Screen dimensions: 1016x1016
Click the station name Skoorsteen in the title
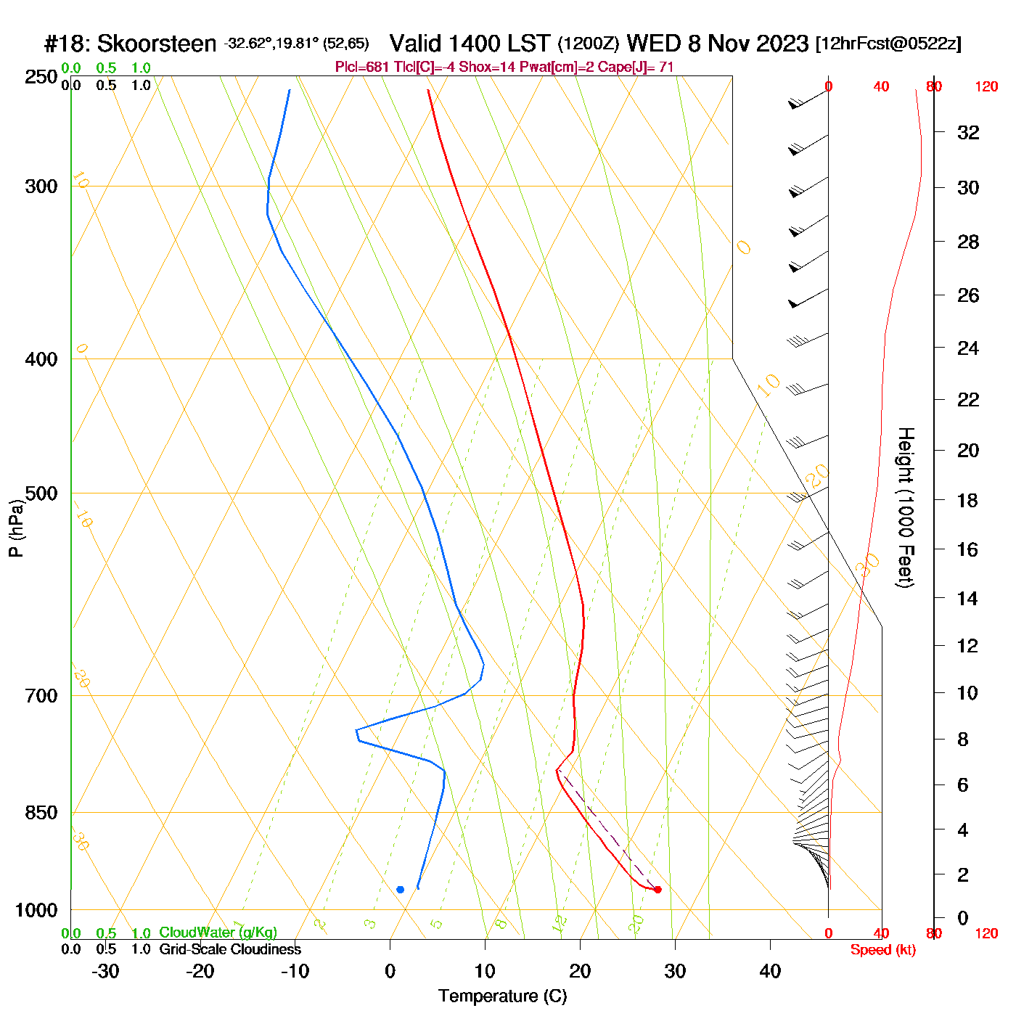tap(156, 44)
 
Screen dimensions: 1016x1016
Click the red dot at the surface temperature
tap(657, 890)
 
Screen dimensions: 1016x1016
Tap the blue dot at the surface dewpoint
tap(400, 890)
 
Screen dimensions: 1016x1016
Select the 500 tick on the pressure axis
tap(41, 493)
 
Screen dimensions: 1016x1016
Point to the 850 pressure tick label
tap(41, 813)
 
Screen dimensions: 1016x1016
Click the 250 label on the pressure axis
tap(41, 77)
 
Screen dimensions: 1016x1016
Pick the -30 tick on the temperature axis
tap(105, 971)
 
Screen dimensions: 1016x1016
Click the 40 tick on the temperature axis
tap(770, 971)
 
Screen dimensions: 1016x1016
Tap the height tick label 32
tap(968, 133)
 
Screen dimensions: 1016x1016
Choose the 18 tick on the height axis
tap(968, 500)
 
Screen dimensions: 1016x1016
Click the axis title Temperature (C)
tap(502, 996)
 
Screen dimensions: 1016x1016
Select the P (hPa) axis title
tap(16, 528)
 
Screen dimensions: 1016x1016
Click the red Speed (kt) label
tap(882, 950)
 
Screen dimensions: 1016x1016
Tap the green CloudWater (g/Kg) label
tap(218, 933)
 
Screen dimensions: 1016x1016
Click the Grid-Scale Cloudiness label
tap(230, 949)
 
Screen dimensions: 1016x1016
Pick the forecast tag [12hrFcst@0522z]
tap(888, 44)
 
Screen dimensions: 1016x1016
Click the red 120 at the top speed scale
tap(986, 87)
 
